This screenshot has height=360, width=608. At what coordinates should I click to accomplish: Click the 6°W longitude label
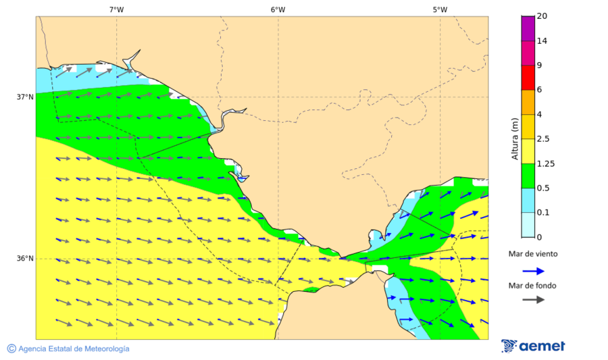coord(278,9)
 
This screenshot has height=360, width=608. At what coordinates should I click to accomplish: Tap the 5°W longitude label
coord(440,9)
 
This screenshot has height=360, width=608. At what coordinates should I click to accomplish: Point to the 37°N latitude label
coord(25,97)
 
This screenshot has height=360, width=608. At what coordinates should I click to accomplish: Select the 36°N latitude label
coord(25,259)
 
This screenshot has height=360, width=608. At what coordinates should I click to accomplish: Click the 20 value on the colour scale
coord(542,16)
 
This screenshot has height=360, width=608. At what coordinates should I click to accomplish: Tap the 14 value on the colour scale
coord(542,41)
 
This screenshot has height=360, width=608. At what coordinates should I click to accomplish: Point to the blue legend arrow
coord(533,271)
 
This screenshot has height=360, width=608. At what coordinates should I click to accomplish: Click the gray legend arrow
coord(533,299)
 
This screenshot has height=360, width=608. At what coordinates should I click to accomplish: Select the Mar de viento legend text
coord(533,254)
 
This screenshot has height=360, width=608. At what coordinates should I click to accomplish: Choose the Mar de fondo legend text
coord(533,285)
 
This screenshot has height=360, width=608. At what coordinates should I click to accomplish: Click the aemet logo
coord(533,346)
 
